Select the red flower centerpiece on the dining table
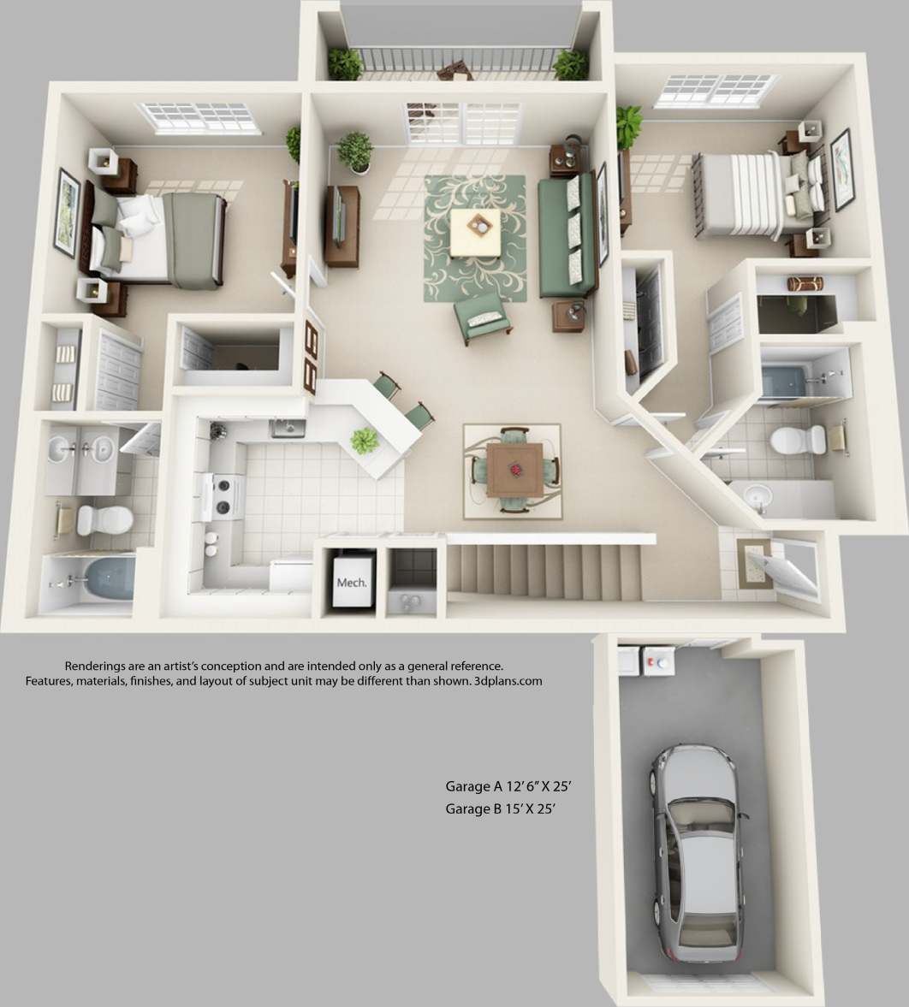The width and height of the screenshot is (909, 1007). click(515, 468)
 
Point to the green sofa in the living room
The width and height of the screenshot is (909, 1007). click(566, 236)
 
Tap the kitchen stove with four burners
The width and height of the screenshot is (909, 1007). click(222, 496)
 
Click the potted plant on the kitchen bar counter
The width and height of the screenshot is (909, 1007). click(365, 441)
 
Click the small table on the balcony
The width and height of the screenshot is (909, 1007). click(454, 72)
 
